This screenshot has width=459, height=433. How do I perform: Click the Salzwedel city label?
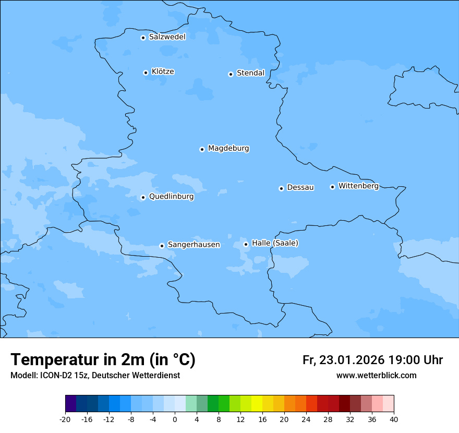click(x=167, y=37)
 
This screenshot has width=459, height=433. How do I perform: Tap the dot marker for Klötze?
click(x=146, y=73)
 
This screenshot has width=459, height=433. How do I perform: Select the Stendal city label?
click(x=250, y=73)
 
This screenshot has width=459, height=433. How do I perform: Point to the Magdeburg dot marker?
click(x=202, y=149)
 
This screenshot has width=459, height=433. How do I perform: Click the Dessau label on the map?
click(x=300, y=187)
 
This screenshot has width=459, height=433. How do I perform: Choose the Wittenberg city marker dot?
click(x=332, y=187)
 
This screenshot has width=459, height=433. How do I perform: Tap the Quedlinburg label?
click(x=171, y=197)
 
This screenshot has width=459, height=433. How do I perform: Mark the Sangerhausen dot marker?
click(x=162, y=246)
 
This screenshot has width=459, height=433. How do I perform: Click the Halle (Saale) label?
click(x=275, y=243)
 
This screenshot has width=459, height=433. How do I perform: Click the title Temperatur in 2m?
click(x=103, y=360)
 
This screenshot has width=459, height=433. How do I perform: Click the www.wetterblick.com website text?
click(x=376, y=376)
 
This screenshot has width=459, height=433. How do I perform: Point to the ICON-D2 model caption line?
click(x=95, y=376)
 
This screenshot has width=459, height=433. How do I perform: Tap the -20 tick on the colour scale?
click(x=65, y=419)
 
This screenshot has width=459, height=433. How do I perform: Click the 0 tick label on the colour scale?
click(x=175, y=419)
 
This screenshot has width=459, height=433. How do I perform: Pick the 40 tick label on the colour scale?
click(x=394, y=419)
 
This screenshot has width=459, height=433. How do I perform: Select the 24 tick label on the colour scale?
click(x=306, y=419)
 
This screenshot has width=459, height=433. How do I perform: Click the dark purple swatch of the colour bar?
click(x=70, y=404)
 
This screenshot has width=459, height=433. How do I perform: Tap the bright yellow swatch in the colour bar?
click(x=257, y=404)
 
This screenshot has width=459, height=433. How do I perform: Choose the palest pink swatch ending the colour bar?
click(x=388, y=404)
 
